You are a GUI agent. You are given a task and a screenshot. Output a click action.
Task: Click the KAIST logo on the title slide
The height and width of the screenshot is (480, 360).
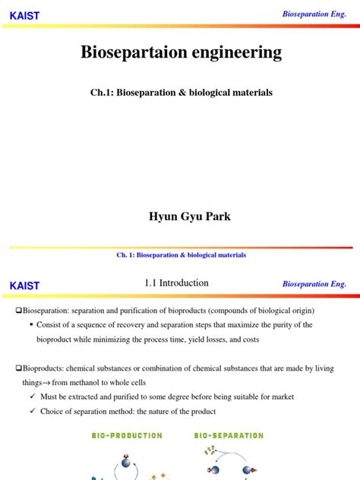click(x=24, y=15)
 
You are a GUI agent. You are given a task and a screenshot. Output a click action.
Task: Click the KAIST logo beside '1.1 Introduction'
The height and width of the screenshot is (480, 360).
click(x=24, y=286)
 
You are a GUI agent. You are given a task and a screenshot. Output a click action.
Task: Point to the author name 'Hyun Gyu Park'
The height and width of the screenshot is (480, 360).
click(x=181, y=216)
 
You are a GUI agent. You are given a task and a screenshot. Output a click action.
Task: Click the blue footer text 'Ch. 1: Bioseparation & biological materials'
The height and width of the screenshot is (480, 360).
click(x=180, y=255)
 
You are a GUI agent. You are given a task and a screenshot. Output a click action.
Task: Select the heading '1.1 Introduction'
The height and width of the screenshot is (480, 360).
click(x=176, y=283)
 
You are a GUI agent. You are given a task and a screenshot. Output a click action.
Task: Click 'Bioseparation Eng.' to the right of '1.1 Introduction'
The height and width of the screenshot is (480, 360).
click(x=314, y=283)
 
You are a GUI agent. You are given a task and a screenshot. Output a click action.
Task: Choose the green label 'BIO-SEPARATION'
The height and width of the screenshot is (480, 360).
click(x=229, y=435)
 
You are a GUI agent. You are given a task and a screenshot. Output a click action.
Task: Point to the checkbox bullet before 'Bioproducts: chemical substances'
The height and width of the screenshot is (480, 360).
click(x=20, y=368)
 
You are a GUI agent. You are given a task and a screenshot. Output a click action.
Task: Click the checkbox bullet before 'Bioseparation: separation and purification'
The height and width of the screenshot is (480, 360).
click(x=20, y=311)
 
